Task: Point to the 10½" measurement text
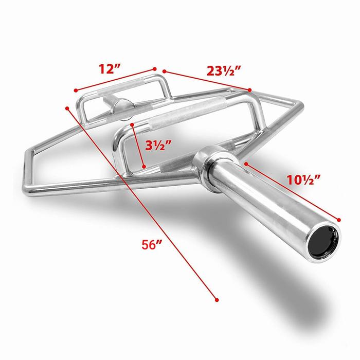tap(302, 179)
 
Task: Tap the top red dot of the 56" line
tap(67, 107)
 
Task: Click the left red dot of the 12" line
tap(75, 91)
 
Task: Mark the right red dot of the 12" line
tap(154, 67)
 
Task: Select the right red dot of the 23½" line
tap(250, 90)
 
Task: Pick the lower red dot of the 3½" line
tap(145, 166)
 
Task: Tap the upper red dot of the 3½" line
tap(132, 124)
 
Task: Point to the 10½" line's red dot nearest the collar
tap(246, 164)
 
